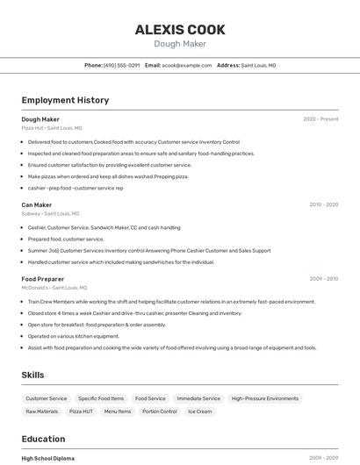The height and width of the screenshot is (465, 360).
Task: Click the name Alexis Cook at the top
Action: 180,30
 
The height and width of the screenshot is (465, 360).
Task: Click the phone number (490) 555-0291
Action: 121,65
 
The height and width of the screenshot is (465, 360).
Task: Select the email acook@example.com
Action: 187,65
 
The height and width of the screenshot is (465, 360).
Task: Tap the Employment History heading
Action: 65,100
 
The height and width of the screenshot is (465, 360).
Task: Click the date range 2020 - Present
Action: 320,119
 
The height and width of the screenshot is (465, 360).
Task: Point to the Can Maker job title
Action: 37,204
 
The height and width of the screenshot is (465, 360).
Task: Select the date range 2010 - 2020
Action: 323,204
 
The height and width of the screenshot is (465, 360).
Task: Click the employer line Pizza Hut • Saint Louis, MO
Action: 52,128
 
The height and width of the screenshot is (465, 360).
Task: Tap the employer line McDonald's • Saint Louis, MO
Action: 54,288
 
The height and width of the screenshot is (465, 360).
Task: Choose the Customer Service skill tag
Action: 47,398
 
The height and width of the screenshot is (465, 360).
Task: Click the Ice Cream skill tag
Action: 199,411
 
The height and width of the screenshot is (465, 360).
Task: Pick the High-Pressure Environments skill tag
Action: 265,398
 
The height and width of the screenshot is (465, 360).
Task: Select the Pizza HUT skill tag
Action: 81,411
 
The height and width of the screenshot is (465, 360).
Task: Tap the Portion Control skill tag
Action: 159,411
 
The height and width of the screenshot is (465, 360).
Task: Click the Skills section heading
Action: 32,376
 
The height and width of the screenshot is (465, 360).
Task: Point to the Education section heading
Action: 43,439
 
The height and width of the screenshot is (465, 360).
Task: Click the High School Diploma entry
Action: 48,458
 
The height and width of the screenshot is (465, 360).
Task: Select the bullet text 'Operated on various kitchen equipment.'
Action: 73,336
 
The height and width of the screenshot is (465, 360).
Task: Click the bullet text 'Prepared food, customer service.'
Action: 66,239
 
